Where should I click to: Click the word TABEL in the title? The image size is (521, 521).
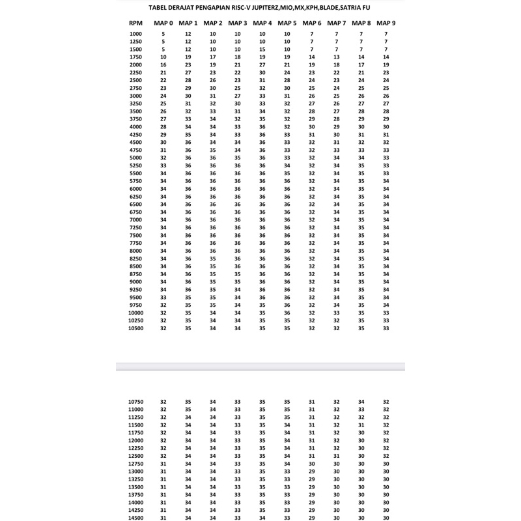[160, 8]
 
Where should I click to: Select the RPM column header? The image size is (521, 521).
[135, 23]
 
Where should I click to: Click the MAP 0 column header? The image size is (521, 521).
[163, 23]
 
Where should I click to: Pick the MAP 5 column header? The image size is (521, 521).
[287, 23]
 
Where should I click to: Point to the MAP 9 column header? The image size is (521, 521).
[386, 23]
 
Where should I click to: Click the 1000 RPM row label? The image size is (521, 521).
[135, 33]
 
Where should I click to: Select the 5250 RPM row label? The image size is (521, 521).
[135, 165]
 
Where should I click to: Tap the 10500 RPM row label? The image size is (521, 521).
[135, 328]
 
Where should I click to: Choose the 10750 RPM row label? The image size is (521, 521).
[135, 402]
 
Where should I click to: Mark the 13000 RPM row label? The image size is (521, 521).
[135, 472]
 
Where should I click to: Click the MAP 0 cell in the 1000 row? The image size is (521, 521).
[163, 33]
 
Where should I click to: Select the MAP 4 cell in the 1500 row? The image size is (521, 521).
[262, 49]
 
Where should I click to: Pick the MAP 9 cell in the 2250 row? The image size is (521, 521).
[386, 72]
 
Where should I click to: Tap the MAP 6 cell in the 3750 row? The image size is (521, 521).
[312, 119]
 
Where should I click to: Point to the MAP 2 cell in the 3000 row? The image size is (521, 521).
[213, 96]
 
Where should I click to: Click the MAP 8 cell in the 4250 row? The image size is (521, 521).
[361, 134]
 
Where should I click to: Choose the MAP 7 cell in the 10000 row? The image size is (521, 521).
[337, 313]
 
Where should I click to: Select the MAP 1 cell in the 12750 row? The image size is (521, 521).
[188, 464]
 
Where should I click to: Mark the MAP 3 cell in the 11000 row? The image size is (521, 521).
[238, 410]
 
